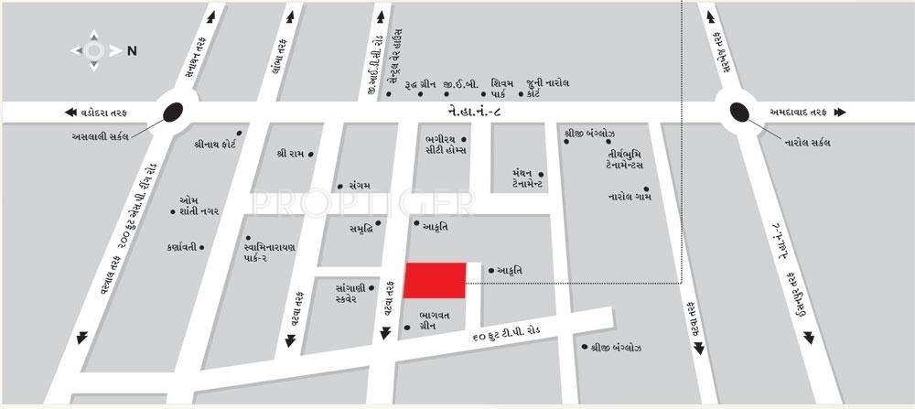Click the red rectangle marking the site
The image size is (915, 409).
click(436, 280)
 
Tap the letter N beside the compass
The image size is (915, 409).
click(132, 51)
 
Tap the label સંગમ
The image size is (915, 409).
click(352, 185)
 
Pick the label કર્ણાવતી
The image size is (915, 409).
click(180, 247)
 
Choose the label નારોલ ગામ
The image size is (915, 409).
click(629, 195)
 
